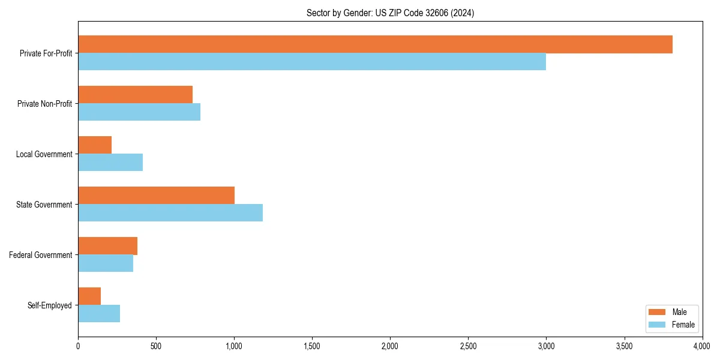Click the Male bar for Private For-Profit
pyautogui.click(x=375, y=44)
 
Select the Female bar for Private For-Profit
pyautogui.click(x=312, y=62)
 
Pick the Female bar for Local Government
pyautogui.click(x=110, y=163)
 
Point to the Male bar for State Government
pyautogui.click(x=156, y=196)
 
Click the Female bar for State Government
pyautogui.click(x=170, y=213)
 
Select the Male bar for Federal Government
pyautogui.click(x=107, y=246)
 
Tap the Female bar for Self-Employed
pyautogui.click(x=99, y=314)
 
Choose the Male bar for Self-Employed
pyautogui.click(x=89, y=296)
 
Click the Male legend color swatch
pyautogui.click(x=657, y=312)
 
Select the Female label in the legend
pyautogui.click(x=683, y=325)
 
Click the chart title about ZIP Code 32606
pyautogui.click(x=390, y=13)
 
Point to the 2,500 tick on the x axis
pyautogui.click(x=468, y=346)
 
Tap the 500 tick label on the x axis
pyautogui.click(x=156, y=346)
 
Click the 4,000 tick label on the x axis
pyautogui.click(x=701, y=346)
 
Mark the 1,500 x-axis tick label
pyautogui.click(x=312, y=346)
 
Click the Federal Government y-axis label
pyautogui.click(x=41, y=255)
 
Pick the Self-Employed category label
pyautogui.click(x=50, y=305)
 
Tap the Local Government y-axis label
pyautogui.click(x=44, y=154)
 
